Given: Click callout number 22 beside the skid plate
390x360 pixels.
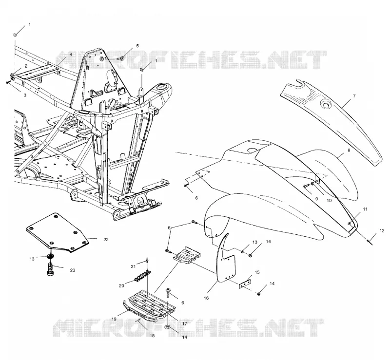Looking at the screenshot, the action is [x=106, y=240].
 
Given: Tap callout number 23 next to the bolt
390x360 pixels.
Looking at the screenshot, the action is [x=72, y=270].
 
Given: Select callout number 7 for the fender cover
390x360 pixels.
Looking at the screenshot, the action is [x=354, y=96].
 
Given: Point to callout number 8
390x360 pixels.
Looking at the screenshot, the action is [x=349, y=151].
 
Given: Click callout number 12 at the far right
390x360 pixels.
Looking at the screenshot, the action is [x=382, y=231].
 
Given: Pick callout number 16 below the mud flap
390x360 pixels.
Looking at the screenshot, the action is [x=206, y=298].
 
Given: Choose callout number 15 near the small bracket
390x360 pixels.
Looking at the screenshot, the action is [x=257, y=272].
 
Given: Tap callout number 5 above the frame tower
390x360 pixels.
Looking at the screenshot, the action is [x=137, y=46].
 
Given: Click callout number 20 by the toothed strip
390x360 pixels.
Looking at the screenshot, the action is [x=121, y=286].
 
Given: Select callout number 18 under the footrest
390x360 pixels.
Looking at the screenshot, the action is [x=152, y=336].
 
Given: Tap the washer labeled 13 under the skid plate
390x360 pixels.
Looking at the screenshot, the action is [x=51, y=257].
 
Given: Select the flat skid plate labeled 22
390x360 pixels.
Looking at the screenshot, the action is [x=57, y=232].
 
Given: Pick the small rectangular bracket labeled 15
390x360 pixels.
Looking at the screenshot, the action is [x=245, y=284].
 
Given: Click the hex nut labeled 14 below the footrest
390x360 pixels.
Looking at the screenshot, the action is [x=167, y=327].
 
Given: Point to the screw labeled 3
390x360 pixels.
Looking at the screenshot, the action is [x=8, y=82].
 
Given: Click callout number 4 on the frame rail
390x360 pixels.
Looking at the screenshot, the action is [x=71, y=54].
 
